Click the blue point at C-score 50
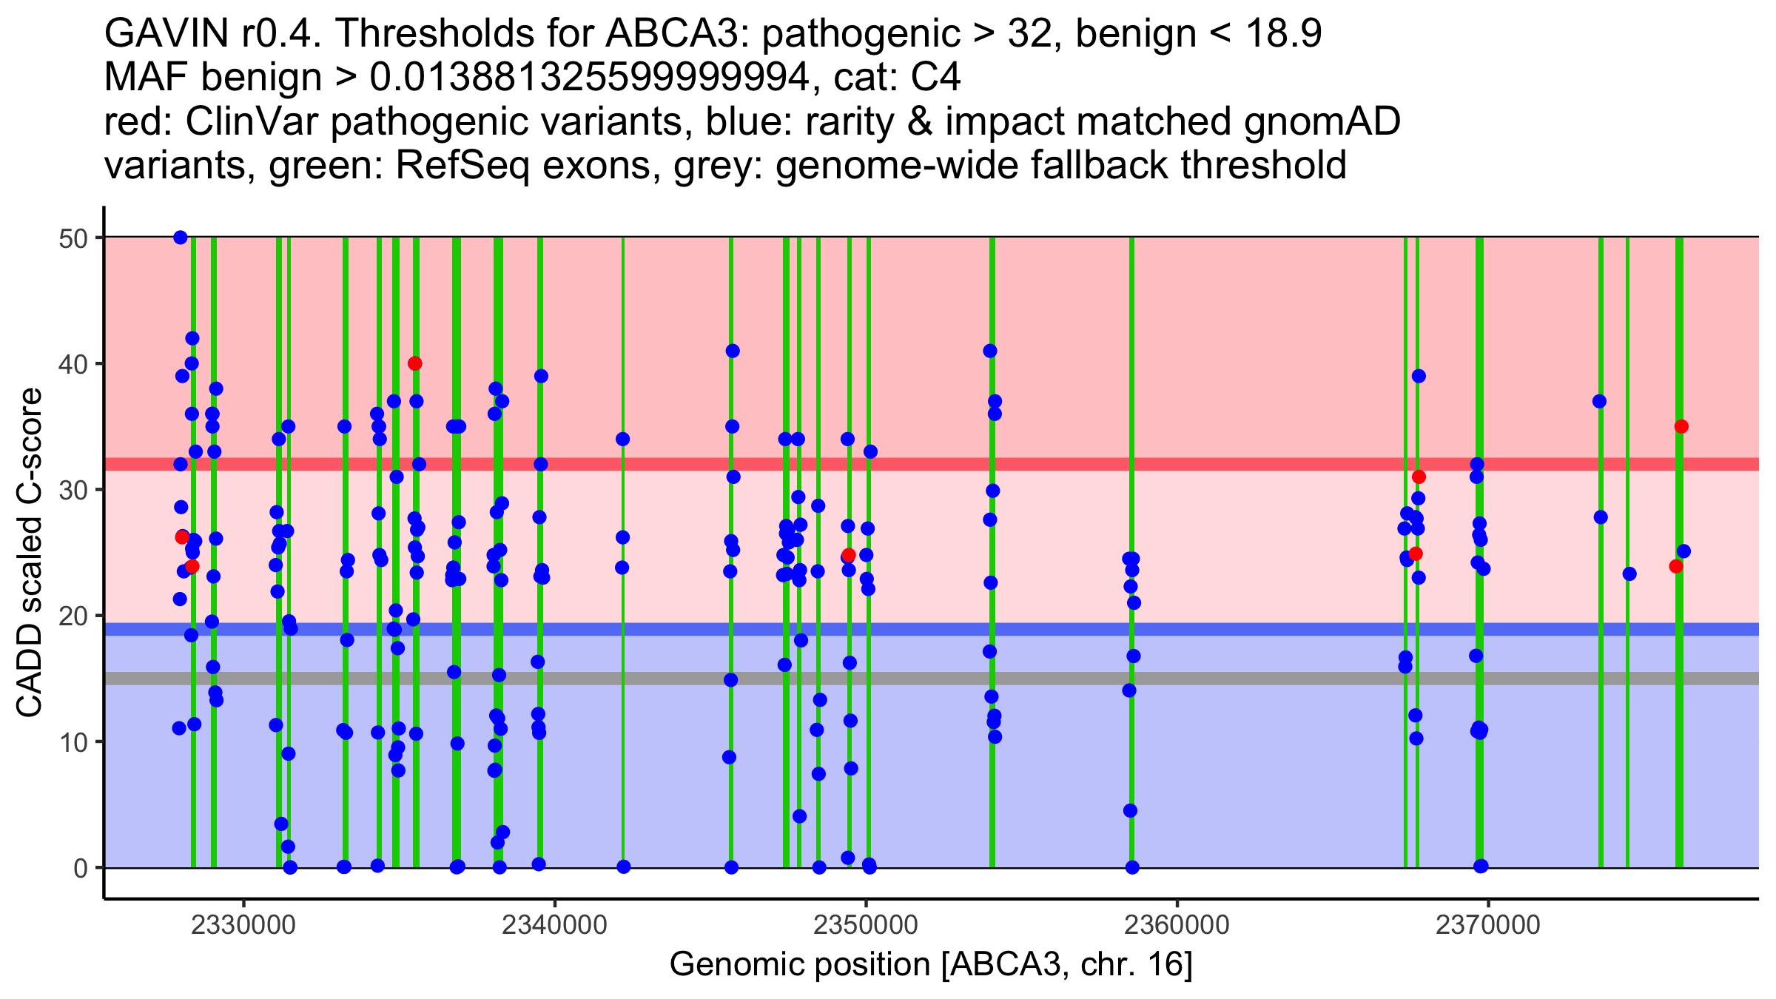point(181,238)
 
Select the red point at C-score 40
point(415,363)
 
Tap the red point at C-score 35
point(1681,426)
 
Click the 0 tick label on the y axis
point(80,868)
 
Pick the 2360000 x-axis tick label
point(1177,925)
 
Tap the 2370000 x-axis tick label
point(1488,925)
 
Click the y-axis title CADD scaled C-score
point(30,553)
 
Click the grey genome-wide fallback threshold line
point(1036,679)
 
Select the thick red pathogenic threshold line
point(1036,464)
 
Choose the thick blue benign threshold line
point(1036,629)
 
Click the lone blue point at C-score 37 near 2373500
point(1599,401)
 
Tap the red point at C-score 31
point(1419,477)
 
